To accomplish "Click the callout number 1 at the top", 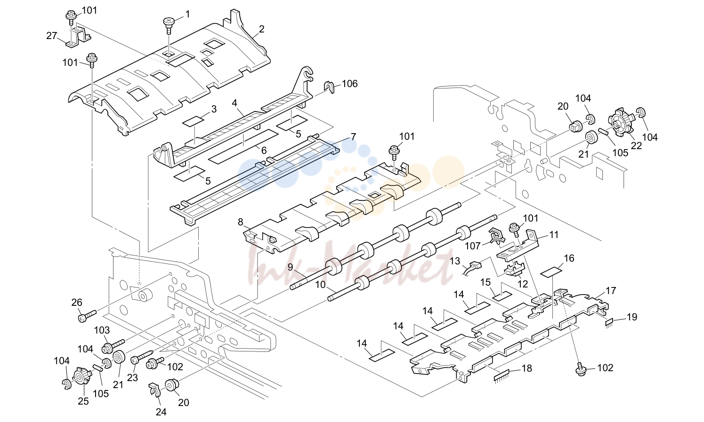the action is click(x=187, y=14).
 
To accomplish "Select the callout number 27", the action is click(x=51, y=36).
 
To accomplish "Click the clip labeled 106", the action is click(x=329, y=87).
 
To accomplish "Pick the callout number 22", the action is click(x=636, y=146).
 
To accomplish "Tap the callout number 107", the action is click(x=473, y=246).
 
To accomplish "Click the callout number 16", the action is click(x=569, y=258).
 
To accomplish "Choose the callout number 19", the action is click(x=631, y=317).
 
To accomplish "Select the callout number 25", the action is click(x=83, y=401).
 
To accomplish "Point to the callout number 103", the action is click(x=102, y=330).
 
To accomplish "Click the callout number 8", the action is click(x=241, y=223).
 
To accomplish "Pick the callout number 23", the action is click(x=132, y=378).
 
